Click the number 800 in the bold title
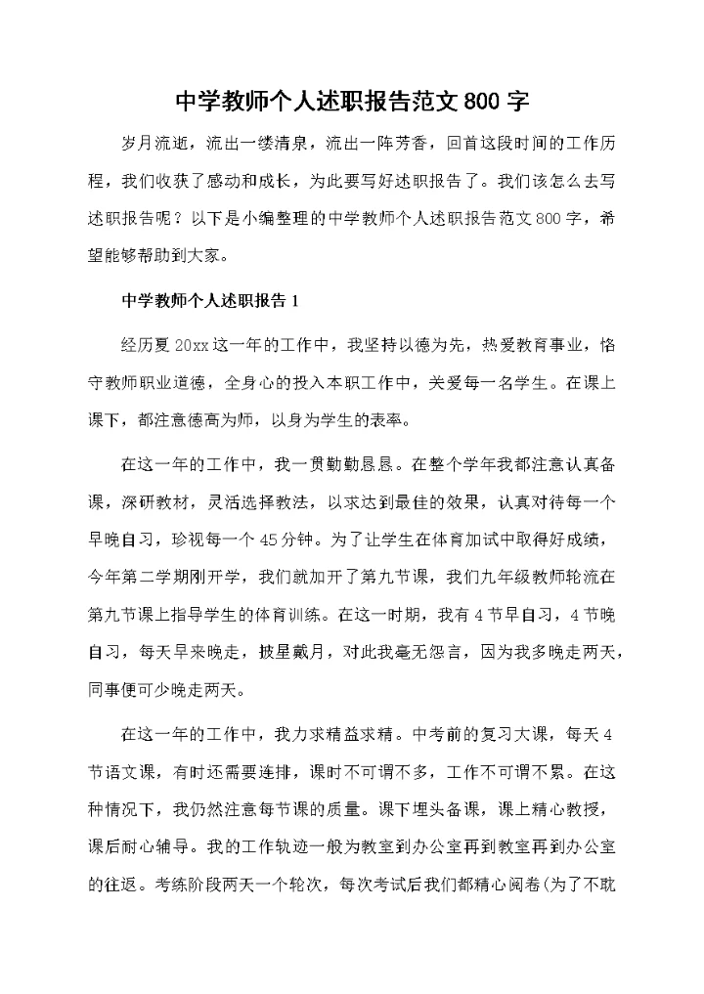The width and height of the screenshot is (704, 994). coord(483,102)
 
